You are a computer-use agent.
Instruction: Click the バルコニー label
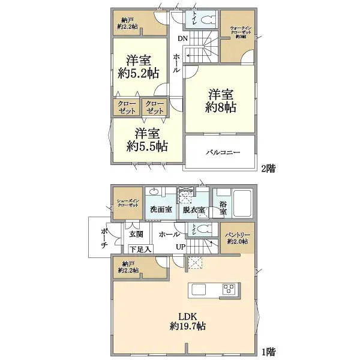click(x=220, y=152)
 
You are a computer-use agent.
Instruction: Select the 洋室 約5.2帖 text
click(x=139, y=68)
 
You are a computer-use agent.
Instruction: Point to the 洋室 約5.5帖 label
click(x=146, y=140)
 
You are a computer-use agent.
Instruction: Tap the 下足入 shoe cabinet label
click(x=140, y=248)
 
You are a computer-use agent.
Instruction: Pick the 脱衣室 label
click(x=193, y=210)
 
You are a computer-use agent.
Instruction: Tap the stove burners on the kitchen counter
click(x=229, y=289)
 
